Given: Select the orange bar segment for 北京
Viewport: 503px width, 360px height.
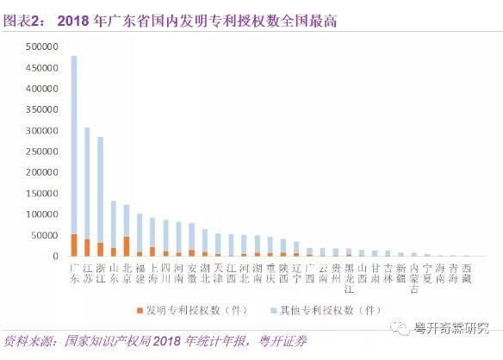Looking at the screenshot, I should click(127, 246).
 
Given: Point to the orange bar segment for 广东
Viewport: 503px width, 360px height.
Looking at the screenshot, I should click(74, 245).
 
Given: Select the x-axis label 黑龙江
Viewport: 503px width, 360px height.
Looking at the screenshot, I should click(349, 277).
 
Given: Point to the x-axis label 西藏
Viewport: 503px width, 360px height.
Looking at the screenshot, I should click(467, 273).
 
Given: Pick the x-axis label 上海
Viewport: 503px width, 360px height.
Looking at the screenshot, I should click(152, 273).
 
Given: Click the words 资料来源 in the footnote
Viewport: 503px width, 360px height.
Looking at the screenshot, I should click(29, 341).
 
